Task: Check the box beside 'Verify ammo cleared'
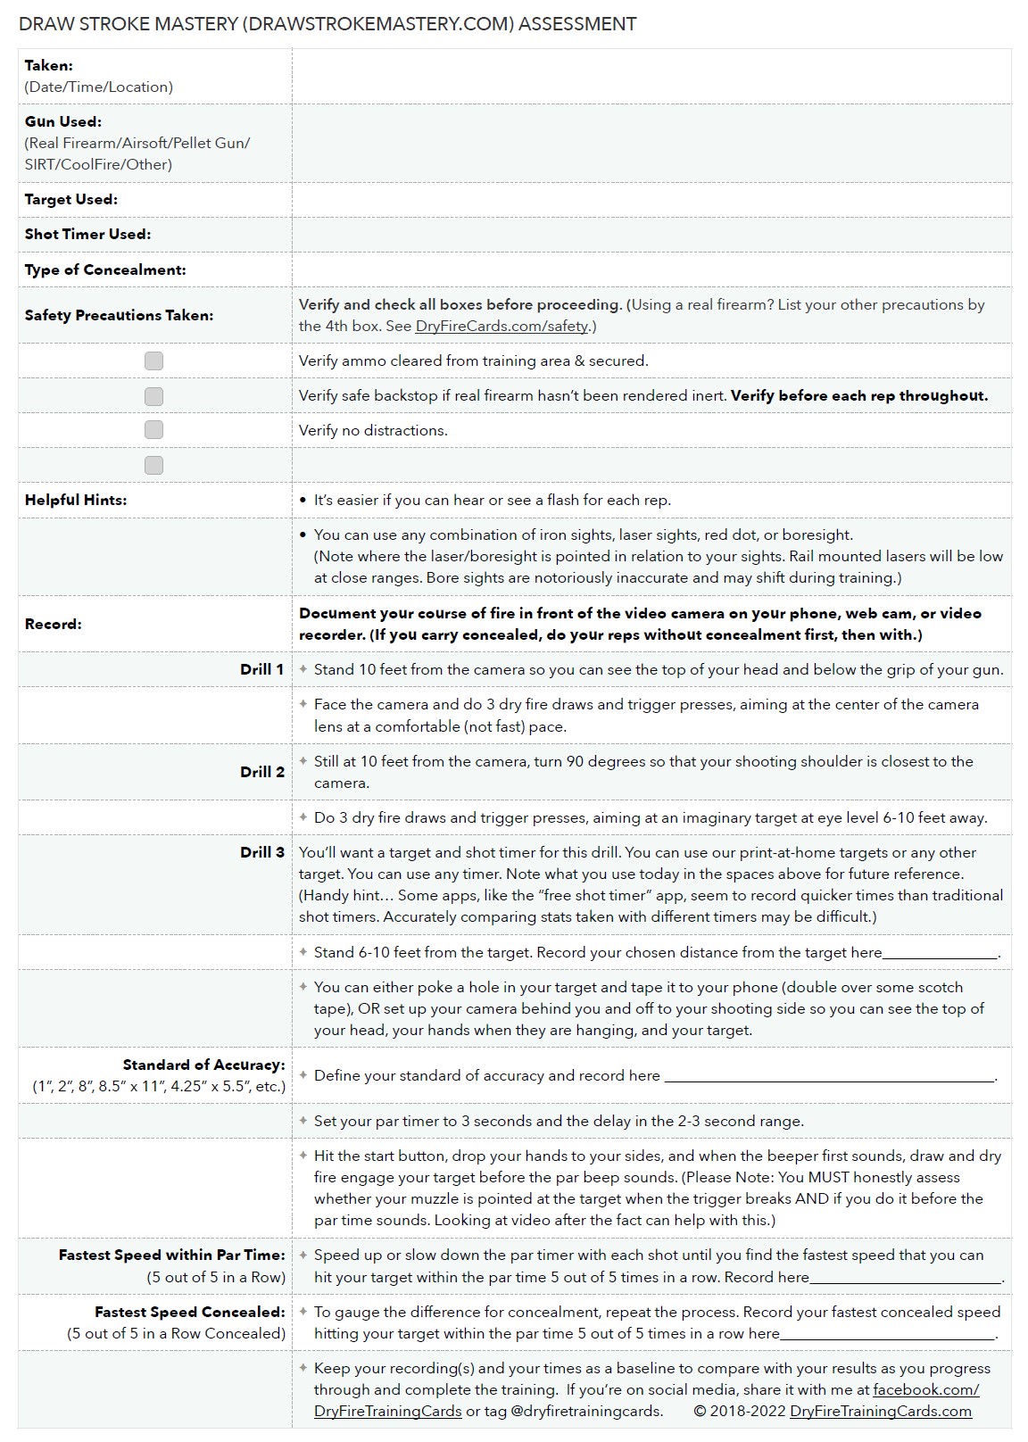click(x=153, y=360)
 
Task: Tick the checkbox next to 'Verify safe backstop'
click(x=153, y=396)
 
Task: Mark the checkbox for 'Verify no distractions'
click(x=153, y=430)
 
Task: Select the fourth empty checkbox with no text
click(x=153, y=465)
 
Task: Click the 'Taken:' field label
click(x=49, y=65)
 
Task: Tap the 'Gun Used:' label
click(x=62, y=121)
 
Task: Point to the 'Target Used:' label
click(x=71, y=199)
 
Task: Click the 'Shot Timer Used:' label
click(x=87, y=234)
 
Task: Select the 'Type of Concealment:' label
click(x=105, y=269)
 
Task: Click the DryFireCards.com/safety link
click(x=502, y=326)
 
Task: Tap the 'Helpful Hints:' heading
click(x=76, y=500)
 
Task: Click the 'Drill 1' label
click(x=262, y=669)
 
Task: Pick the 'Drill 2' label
click(x=262, y=772)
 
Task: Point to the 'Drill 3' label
click(x=262, y=852)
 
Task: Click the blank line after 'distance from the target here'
click(x=940, y=954)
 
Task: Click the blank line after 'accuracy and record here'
click(x=829, y=1077)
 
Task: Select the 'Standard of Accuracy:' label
click(x=204, y=1065)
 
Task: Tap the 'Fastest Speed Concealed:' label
click(x=190, y=1312)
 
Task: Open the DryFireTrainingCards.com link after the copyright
click(x=881, y=1411)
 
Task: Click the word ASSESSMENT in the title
click(x=577, y=24)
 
